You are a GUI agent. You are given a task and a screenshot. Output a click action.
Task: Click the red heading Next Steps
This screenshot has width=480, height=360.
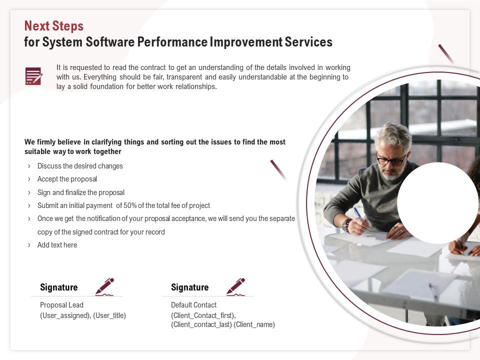tap(54, 26)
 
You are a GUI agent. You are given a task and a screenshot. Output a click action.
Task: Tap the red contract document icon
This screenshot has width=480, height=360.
tap(33, 76)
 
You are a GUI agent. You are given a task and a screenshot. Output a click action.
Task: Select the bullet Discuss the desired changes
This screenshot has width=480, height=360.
tap(80, 166)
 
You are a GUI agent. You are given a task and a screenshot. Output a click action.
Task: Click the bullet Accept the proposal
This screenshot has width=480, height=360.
tap(67, 179)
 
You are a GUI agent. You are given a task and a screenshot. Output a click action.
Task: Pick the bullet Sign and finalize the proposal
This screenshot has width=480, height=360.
tap(81, 192)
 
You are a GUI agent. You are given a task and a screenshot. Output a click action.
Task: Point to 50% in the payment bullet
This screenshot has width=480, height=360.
tap(130, 205)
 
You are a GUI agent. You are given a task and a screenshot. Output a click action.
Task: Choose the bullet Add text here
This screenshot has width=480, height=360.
tap(57, 245)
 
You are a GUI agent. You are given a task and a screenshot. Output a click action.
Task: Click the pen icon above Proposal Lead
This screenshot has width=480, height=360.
tap(104, 286)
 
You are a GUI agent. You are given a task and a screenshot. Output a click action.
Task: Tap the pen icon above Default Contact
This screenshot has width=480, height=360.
tap(235, 286)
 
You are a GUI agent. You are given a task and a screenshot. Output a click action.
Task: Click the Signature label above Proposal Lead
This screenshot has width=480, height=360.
tap(59, 287)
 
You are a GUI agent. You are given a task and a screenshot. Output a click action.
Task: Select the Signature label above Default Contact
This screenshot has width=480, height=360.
tap(190, 287)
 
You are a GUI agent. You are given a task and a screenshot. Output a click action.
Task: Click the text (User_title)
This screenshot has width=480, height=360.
tap(109, 315)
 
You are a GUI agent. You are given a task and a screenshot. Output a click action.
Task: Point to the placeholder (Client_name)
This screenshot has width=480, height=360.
tap(254, 324)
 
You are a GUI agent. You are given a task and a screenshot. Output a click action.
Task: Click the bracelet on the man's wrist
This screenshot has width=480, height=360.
tap(347, 225)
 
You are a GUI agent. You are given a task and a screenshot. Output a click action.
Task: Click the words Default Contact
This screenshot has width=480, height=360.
tap(194, 305)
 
